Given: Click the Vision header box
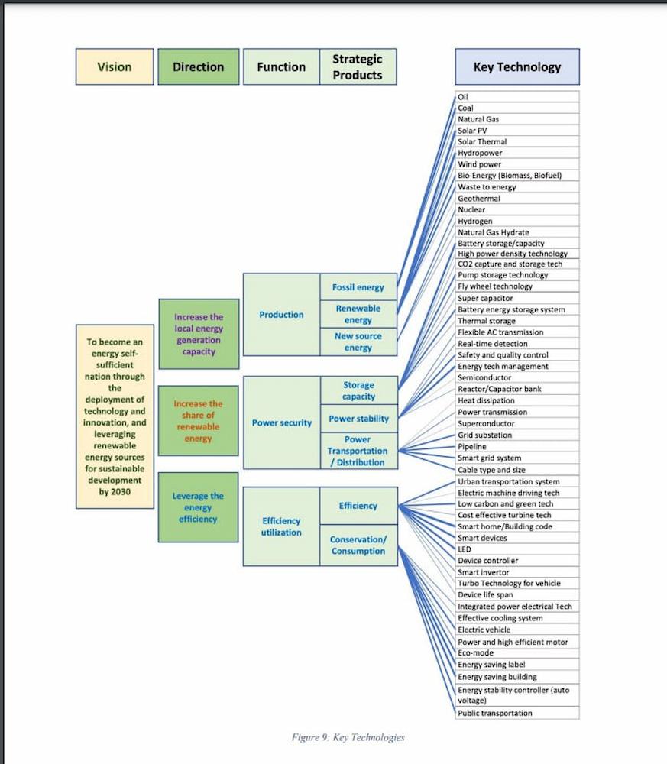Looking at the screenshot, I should tap(114, 66).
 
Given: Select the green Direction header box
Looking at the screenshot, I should tap(198, 66).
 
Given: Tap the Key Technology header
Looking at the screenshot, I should tap(516, 66).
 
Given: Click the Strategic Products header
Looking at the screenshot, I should tap(358, 66).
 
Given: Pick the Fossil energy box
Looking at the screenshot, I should tap(358, 287).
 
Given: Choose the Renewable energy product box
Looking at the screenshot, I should tap(358, 314).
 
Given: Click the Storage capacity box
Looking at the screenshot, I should tap(358, 390).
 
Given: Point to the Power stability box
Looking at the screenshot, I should tap(358, 419).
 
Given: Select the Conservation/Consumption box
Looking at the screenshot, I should tap(358, 545).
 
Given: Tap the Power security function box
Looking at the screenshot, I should tap(281, 422).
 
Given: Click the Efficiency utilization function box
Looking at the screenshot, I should tap(281, 526).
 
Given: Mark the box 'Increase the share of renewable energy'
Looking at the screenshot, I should tap(198, 421).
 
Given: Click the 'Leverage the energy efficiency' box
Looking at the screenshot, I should tap(198, 507).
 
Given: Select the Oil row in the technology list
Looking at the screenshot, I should tap(516, 97).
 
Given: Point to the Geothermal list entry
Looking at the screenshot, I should tap(516, 199).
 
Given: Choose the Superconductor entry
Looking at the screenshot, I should tap(516, 423).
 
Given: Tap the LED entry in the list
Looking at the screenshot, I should tap(516, 549).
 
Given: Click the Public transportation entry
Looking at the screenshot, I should tap(516, 713).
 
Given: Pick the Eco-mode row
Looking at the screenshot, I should tap(516, 653).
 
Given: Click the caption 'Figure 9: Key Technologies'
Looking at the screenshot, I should tap(348, 737).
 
